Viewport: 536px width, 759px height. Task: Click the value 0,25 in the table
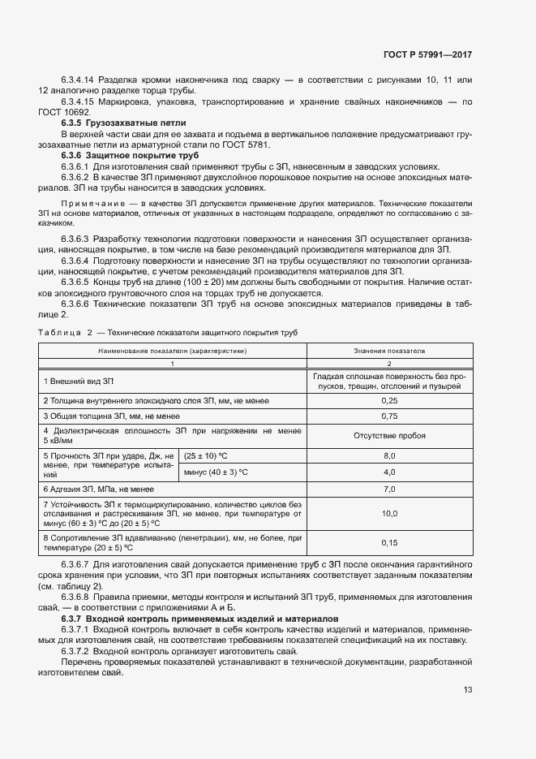(x=389, y=400)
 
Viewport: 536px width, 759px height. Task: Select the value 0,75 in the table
(x=389, y=416)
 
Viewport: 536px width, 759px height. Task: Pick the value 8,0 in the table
(x=389, y=456)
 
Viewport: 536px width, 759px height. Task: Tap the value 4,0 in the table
(x=389, y=472)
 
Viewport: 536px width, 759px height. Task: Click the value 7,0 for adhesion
(x=389, y=489)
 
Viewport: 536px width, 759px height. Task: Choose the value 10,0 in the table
(x=389, y=514)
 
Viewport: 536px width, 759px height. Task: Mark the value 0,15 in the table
(x=389, y=542)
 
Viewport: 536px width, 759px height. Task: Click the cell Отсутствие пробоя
(x=389, y=435)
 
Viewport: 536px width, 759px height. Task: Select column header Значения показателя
(x=389, y=351)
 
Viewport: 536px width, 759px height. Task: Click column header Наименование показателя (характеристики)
(x=173, y=351)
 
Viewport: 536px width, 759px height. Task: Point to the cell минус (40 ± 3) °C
(x=217, y=472)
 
